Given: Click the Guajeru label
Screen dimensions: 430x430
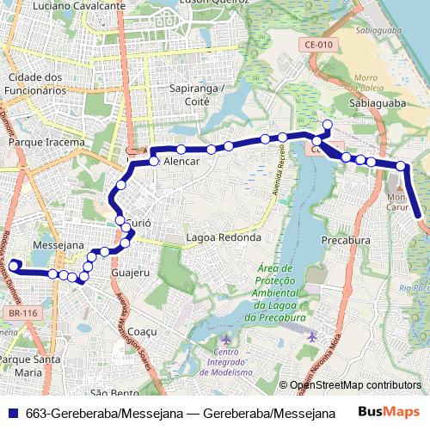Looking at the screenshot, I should (131, 273).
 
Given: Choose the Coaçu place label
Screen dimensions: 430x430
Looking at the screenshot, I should (143, 331).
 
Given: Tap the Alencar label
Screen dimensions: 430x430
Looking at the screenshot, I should (181, 162).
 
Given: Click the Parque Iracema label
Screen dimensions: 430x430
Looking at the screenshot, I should (46, 142).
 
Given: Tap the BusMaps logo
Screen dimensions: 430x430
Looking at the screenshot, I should (389, 412).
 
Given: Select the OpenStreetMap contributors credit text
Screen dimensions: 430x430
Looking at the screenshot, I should (355, 385).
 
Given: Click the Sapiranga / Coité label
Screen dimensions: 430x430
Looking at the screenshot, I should (197, 95).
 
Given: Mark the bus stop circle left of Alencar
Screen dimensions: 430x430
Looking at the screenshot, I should (154, 161).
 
